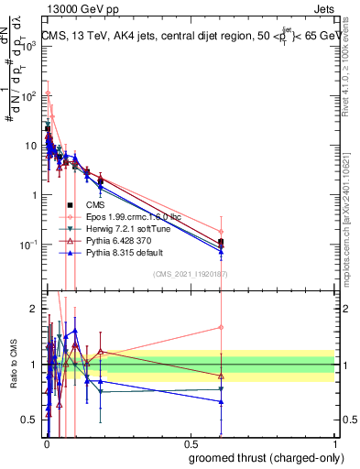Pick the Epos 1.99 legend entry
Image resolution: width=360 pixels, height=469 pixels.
[132, 216]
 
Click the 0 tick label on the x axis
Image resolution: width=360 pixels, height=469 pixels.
[45, 444]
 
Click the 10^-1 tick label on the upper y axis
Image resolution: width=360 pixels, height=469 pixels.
[28, 245]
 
